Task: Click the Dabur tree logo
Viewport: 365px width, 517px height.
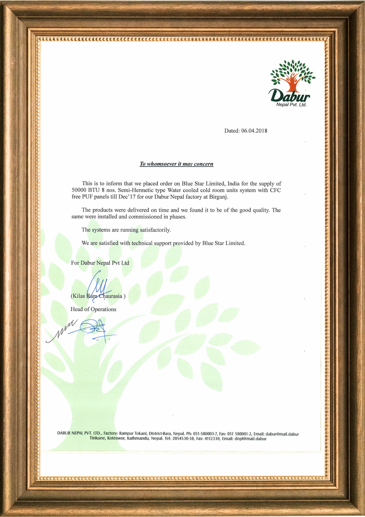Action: pyautogui.click(x=292, y=73)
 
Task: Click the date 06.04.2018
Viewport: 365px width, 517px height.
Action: pyautogui.click(x=254, y=131)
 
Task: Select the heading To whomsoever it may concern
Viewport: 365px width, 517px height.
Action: pyautogui.click(x=177, y=164)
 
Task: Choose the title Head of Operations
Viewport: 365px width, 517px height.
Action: pyautogui.click(x=93, y=309)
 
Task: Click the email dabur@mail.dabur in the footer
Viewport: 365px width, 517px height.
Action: pyautogui.click(x=282, y=434)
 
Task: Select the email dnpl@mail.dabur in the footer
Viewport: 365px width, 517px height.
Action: pyautogui.click(x=250, y=439)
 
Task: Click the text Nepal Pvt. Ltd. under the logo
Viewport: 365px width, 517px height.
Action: pyautogui.click(x=291, y=105)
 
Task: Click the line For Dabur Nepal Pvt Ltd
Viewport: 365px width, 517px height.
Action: pyautogui.click(x=100, y=263)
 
